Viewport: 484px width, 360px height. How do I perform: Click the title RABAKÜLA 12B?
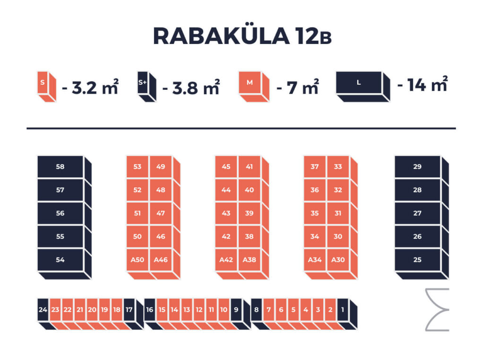242,36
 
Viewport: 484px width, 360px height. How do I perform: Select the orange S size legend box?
46,86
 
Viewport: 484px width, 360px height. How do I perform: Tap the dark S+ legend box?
147,86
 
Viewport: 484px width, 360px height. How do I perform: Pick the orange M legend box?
254,86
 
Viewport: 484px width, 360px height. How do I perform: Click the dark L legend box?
363,86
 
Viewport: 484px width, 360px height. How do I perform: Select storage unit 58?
60,167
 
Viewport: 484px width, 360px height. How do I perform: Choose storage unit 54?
60,260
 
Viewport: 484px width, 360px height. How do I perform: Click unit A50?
138,260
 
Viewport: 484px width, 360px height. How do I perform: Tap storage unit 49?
161,167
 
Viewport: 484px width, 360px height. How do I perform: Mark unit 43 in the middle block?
226,213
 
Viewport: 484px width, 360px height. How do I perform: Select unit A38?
250,260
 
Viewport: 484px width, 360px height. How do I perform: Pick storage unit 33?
338,167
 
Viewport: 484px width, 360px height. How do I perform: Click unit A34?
314,260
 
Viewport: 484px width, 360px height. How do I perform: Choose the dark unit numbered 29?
417,167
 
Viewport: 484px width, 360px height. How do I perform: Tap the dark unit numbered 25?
417,260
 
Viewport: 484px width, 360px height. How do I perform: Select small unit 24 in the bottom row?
43,310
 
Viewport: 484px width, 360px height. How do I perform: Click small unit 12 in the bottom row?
199,310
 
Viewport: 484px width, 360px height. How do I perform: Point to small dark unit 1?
343,310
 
